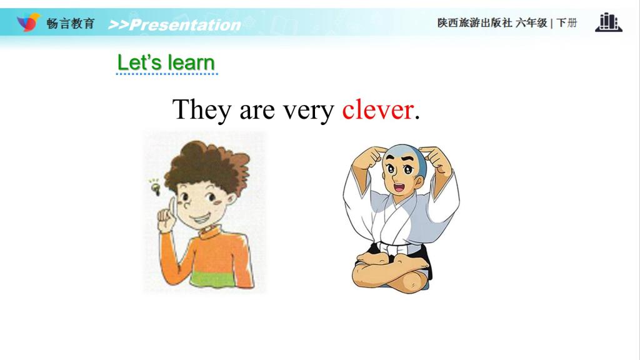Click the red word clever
[377, 109]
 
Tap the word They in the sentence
[202, 110]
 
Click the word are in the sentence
[257, 111]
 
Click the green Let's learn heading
[166, 62]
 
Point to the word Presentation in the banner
[185, 25]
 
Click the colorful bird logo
[29, 22]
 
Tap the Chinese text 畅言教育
[71, 23]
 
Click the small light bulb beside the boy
[155, 187]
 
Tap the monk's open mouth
[399, 187]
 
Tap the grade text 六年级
[531, 23]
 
